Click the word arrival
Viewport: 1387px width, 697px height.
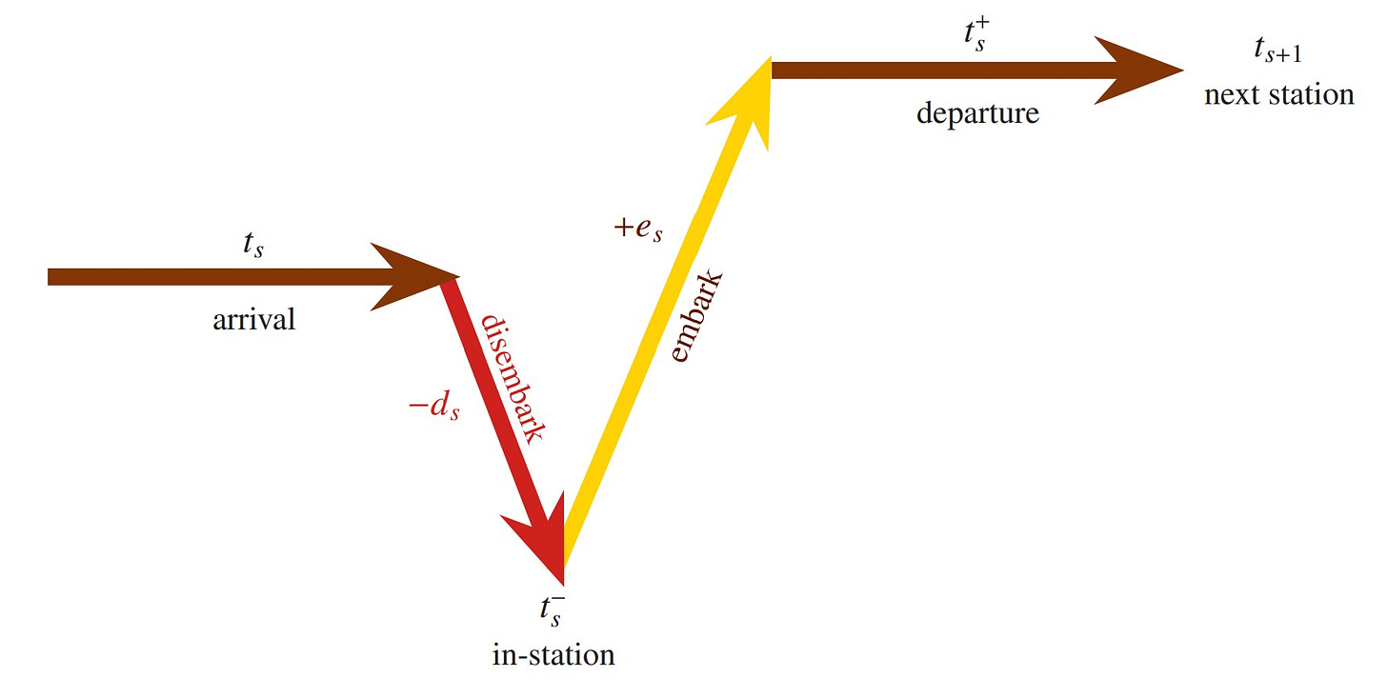pyautogui.click(x=253, y=320)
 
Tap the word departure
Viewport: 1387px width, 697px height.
pyautogui.click(x=977, y=114)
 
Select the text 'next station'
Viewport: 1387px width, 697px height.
pyautogui.click(x=1278, y=95)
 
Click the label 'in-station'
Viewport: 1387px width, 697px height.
pyautogui.click(x=553, y=655)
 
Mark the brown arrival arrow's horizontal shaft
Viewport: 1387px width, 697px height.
pyautogui.click(x=210, y=277)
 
